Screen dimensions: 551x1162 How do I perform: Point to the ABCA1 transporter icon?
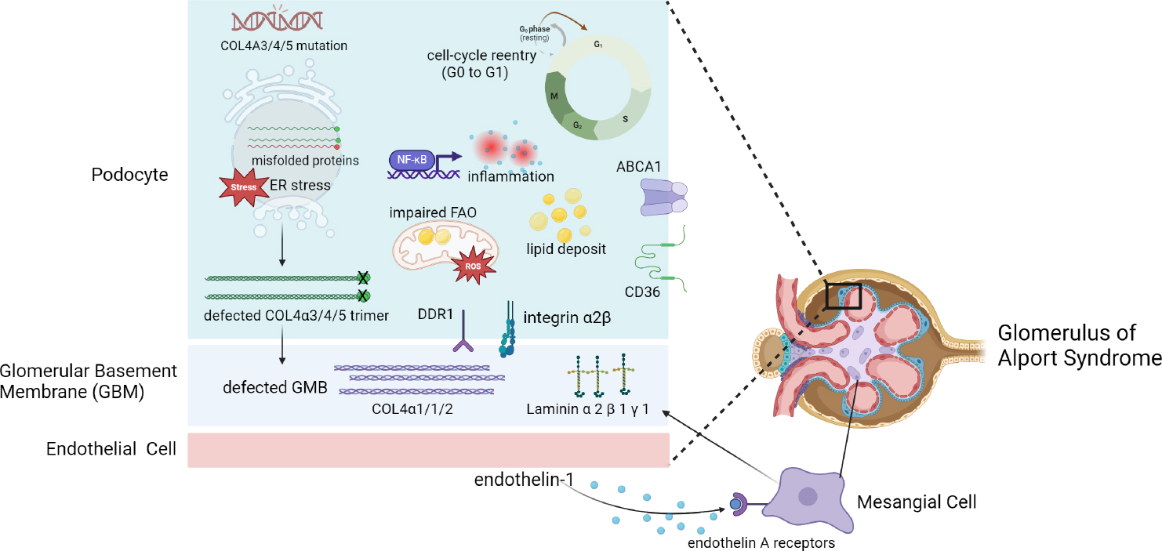[663, 196]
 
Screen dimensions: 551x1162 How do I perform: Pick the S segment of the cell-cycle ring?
[625, 118]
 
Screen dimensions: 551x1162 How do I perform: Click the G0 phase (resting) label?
[533, 33]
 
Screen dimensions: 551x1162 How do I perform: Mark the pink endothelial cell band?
[428, 450]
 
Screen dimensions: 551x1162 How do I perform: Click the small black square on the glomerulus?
[843, 296]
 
